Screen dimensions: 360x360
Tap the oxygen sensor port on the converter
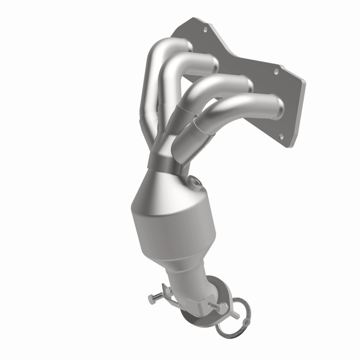pos(195,183)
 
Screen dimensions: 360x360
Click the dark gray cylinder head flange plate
pos(288,103)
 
